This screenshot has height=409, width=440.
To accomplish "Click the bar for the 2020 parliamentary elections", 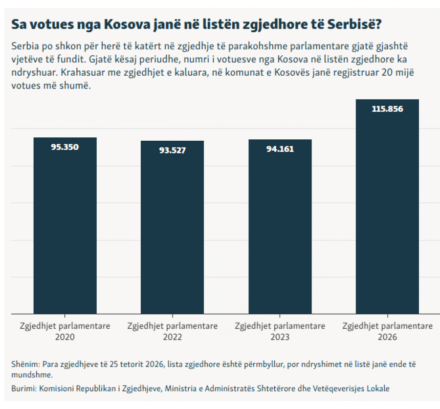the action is (65, 226).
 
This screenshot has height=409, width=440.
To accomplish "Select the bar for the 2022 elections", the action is (172, 227).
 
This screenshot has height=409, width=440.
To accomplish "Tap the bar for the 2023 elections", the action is (280, 227).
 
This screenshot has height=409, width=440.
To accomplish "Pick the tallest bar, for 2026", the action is (387, 207).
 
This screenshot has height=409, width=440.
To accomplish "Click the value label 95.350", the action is (65, 147).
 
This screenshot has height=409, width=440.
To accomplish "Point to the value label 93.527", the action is (172, 151).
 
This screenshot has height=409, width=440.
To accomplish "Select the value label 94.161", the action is (280, 149).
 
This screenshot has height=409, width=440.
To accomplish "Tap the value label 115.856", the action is (387, 109).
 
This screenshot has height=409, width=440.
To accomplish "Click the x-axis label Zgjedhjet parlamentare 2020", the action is (65, 331).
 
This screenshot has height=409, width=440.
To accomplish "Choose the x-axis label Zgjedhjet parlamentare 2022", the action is (172, 331).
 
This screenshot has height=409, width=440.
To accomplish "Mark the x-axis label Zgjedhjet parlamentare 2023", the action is (280, 331).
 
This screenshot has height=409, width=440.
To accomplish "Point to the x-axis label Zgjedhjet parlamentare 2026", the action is (387, 331).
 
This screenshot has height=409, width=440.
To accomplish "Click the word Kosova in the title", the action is (127, 24).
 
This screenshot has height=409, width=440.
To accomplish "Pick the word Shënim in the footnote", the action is (25, 364).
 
